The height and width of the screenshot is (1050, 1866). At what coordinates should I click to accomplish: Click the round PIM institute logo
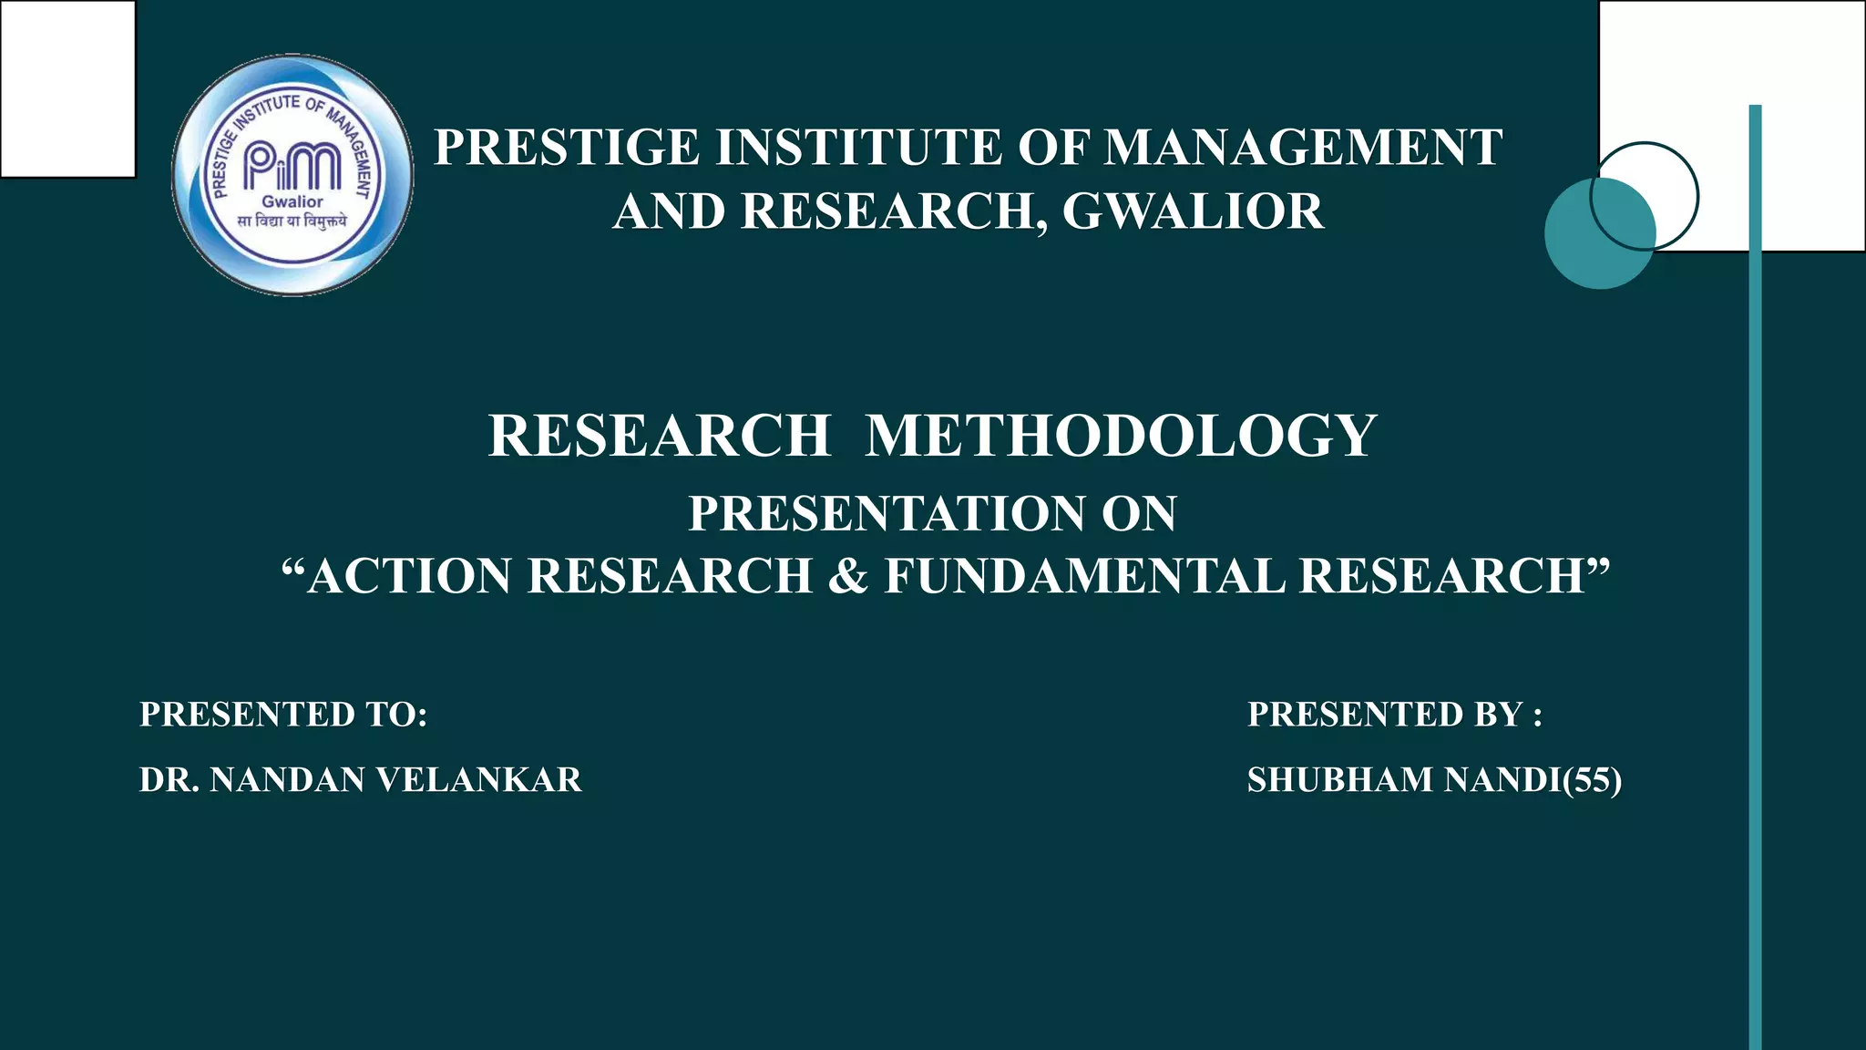[292, 175]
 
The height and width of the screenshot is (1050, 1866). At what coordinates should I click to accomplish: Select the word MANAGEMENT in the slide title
[1303, 148]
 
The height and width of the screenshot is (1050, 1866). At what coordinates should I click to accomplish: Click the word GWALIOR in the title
[1193, 211]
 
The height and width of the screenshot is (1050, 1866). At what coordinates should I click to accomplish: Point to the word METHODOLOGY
[1121, 436]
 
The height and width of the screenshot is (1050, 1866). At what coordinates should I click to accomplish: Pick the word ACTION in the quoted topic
[410, 576]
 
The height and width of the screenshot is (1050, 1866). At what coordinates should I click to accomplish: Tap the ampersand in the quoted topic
[847, 576]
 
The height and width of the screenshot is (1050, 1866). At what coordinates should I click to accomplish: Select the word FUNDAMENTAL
[1083, 576]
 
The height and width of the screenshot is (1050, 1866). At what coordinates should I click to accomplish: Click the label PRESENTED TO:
[283, 715]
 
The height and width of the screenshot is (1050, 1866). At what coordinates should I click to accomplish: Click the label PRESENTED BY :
[1395, 715]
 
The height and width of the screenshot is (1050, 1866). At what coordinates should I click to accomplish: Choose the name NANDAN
[287, 780]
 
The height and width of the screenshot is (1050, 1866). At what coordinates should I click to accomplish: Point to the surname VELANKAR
[479, 780]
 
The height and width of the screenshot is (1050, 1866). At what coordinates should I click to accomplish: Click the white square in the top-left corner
[67, 88]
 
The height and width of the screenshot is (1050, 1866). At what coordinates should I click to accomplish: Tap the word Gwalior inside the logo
[292, 201]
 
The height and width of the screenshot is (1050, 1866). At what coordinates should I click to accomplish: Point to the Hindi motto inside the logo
[292, 221]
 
